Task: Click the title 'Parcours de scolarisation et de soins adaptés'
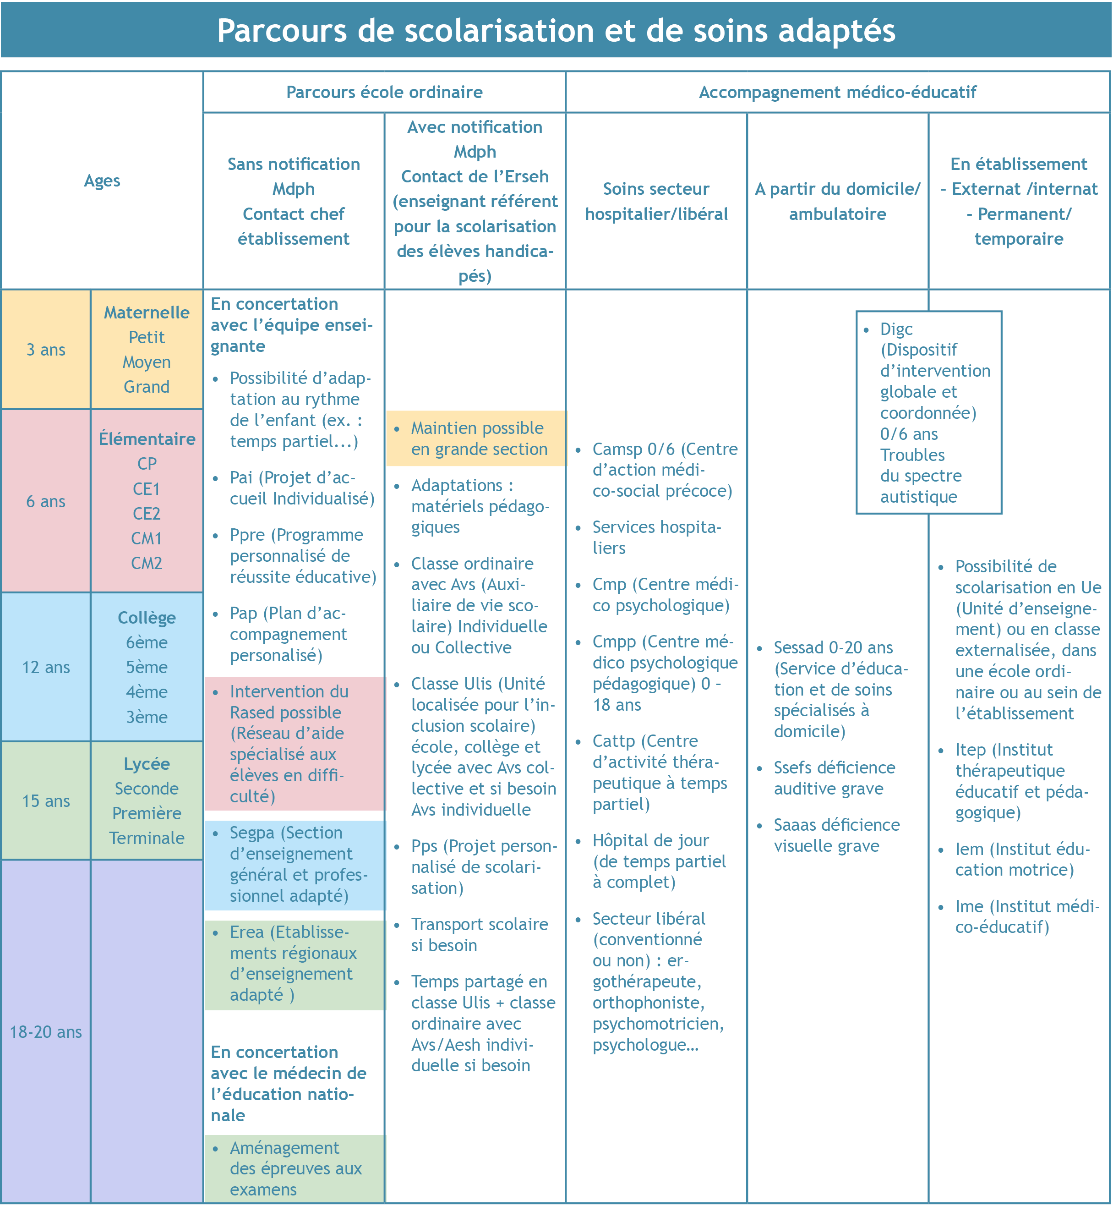tap(556, 31)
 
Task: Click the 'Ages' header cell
tap(102, 181)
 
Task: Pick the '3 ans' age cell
tap(46, 350)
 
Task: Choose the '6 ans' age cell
tap(46, 501)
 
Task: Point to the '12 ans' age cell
tap(46, 667)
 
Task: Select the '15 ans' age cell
tap(46, 801)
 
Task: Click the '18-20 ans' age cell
tap(46, 1032)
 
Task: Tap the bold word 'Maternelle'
tap(147, 312)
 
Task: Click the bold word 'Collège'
tap(147, 618)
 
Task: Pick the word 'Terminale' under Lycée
tap(147, 838)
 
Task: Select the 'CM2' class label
tap(147, 563)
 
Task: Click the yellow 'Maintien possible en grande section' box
tap(476, 438)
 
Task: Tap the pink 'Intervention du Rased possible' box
tap(295, 744)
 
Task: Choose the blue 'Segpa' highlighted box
tap(295, 865)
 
